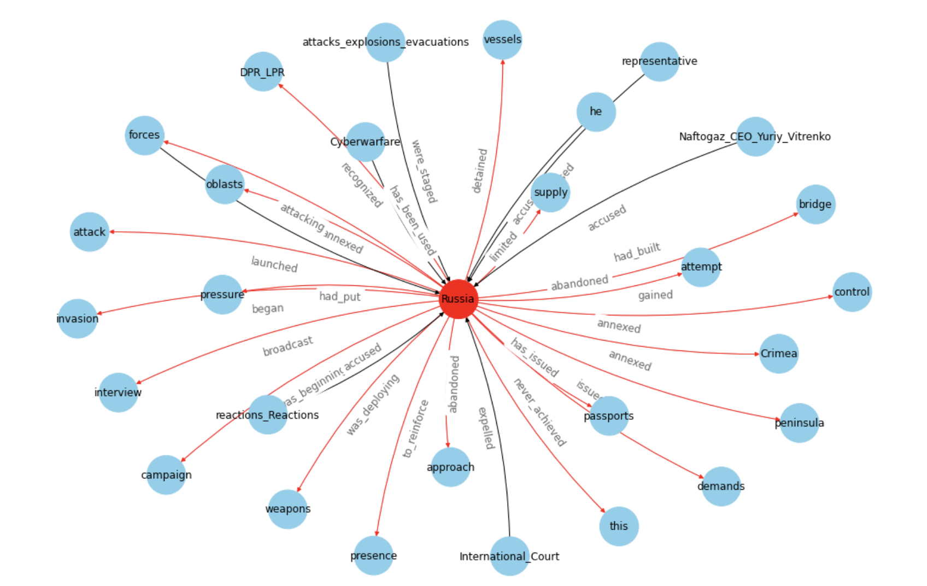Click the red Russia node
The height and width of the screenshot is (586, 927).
pyautogui.click(x=459, y=299)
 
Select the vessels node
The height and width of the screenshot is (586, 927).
pyautogui.click(x=502, y=40)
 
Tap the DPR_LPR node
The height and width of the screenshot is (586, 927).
pyautogui.click(x=263, y=72)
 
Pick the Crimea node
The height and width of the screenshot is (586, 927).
pyautogui.click(x=779, y=354)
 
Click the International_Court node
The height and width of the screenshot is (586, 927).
pyautogui.click(x=509, y=556)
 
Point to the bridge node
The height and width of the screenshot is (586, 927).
pyautogui.click(x=815, y=204)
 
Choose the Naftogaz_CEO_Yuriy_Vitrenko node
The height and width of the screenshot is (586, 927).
pyautogui.click(x=755, y=137)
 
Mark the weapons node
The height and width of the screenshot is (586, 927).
pyautogui.click(x=288, y=509)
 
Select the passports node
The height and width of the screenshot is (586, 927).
pyautogui.click(x=608, y=416)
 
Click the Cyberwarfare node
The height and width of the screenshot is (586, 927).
pyautogui.click(x=365, y=142)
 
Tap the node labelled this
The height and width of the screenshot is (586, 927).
pyautogui.click(x=619, y=526)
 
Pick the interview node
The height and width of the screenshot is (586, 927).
pyautogui.click(x=118, y=392)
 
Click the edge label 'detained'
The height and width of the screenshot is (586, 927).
pyautogui.click(x=479, y=171)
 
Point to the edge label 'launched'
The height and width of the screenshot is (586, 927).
pyautogui.click(x=274, y=265)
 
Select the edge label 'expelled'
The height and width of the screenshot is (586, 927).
pyautogui.click(x=486, y=428)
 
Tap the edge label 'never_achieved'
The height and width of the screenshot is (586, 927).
pyautogui.click(x=539, y=412)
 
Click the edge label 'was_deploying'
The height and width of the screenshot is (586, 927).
pyautogui.click(x=373, y=405)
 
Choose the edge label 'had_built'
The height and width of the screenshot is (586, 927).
pyautogui.click(x=637, y=252)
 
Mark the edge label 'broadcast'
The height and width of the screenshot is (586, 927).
pyautogui.click(x=288, y=346)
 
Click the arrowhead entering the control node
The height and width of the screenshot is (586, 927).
pyautogui.click(x=830, y=297)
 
